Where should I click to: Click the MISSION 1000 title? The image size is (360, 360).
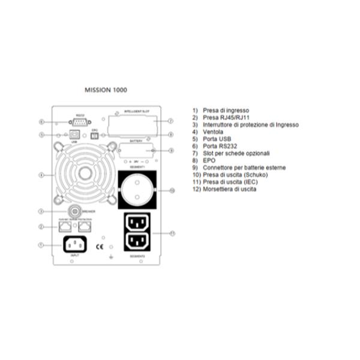pos(106,90)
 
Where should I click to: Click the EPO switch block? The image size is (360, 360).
pos(94,135)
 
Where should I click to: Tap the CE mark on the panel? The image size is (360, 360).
pos(101,245)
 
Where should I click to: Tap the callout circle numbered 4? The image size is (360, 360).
pos(41,175)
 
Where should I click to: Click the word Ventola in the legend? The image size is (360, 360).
pos(214,132)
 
